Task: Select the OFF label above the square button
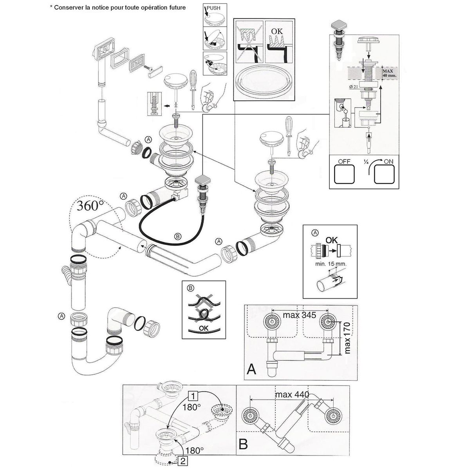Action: point(336,161)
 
